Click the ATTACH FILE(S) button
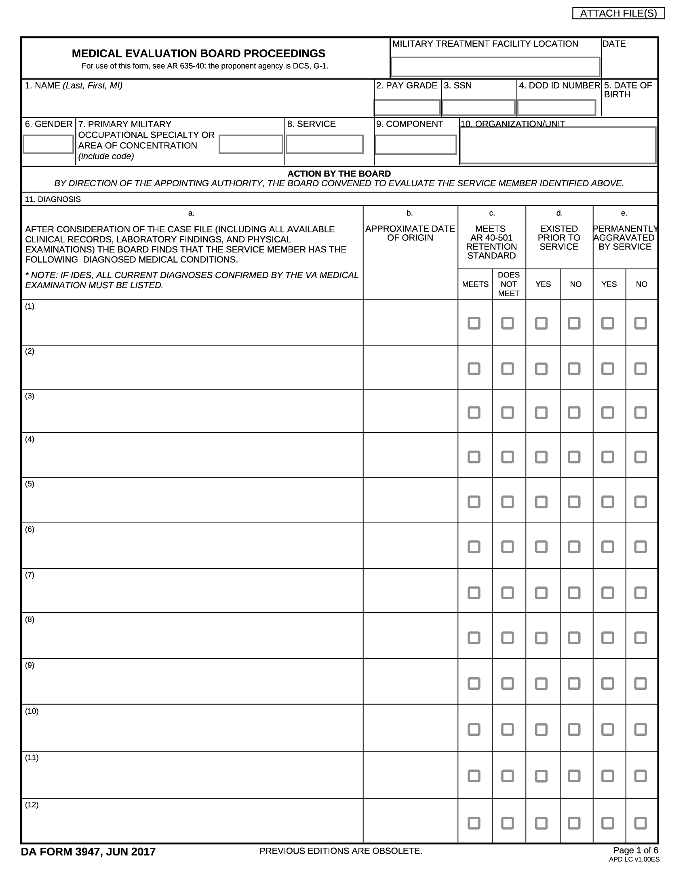click(x=618, y=13)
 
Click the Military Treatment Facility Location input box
click(x=495, y=67)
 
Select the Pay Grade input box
click(x=407, y=108)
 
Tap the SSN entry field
click(x=478, y=108)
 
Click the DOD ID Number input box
click(x=556, y=108)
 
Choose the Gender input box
click(x=48, y=144)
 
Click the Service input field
click(x=325, y=144)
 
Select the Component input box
click(x=415, y=145)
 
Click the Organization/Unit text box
click(x=558, y=145)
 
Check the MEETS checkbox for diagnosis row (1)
click(x=474, y=323)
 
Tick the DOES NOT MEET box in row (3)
click(x=507, y=412)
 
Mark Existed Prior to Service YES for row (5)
click(x=541, y=502)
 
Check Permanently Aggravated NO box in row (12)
click(x=640, y=823)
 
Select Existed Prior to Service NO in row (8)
click(x=574, y=637)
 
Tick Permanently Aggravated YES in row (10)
click(x=607, y=729)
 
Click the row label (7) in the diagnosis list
click(x=30, y=575)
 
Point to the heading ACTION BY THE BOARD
click(x=339, y=174)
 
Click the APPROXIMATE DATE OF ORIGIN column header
click(x=410, y=233)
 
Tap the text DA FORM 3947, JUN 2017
click(x=89, y=852)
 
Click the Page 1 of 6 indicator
click(x=635, y=850)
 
